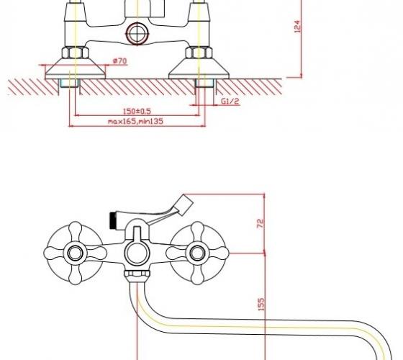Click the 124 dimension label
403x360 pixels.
coord(296,26)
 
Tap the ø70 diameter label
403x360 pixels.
coord(119,61)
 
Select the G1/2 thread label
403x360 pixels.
coord(230,101)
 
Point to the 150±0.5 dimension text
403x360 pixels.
coord(137,112)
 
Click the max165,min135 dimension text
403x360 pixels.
coord(135,121)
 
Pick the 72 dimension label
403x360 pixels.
coord(261,223)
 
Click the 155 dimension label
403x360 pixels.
coord(261,304)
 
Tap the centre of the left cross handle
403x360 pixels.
coord(75,253)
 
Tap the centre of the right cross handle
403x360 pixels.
coord(197,253)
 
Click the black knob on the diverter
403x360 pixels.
coord(112,220)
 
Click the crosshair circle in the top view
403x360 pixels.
coord(137,33)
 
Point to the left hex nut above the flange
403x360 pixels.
coord(76,53)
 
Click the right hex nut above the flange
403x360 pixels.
coord(199,53)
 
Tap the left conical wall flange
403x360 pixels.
coord(76,68)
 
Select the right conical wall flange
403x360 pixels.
coord(199,68)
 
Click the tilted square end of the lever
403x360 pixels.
coord(184,204)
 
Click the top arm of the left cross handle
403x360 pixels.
coord(76,232)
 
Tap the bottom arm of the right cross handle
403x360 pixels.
coord(197,274)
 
